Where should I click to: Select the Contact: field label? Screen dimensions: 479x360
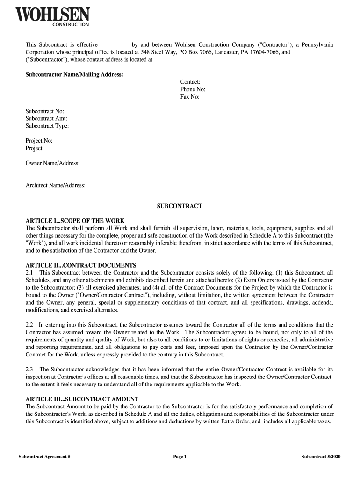point(190,82)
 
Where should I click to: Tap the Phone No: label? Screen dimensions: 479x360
point(193,89)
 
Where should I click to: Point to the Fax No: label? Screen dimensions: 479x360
point(190,97)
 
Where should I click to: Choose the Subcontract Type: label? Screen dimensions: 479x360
point(47,126)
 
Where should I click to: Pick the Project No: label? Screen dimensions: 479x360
point(39,141)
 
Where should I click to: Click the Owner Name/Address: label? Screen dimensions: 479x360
point(52,163)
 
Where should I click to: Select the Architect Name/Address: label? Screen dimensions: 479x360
point(55,185)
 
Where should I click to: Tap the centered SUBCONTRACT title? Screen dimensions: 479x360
point(180,206)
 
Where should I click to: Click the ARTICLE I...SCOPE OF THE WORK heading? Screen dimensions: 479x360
point(75,221)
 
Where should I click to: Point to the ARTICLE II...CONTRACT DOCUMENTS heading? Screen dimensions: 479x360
point(81,265)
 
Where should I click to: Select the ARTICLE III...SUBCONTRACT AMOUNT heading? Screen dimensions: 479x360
point(82,399)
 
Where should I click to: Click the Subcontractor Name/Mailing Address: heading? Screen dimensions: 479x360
point(74,75)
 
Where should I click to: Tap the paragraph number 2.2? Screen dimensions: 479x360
point(29,324)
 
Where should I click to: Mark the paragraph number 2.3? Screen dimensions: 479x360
point(29,370)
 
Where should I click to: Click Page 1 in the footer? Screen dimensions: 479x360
point(180,457)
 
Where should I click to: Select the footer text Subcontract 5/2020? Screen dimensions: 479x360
point(321,457)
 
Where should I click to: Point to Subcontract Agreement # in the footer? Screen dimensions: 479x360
point(44,457)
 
